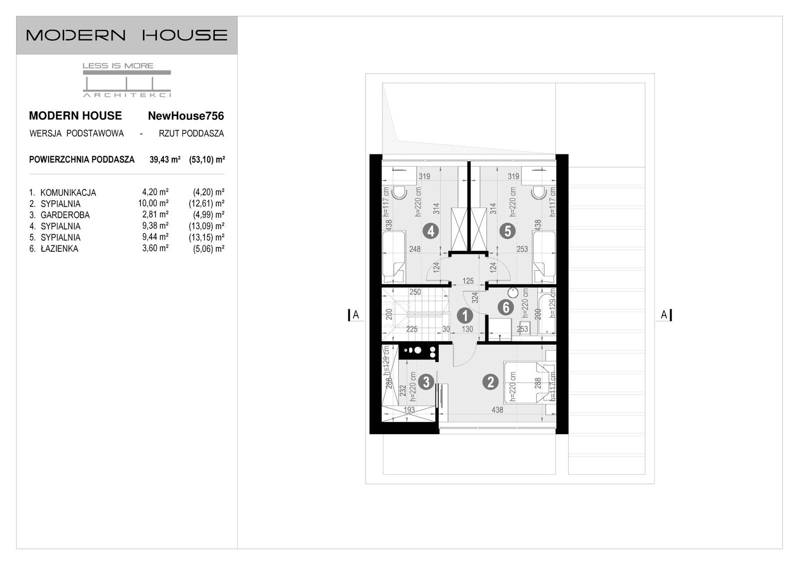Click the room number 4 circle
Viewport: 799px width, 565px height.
point(430,231)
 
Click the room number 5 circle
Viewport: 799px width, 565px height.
point(507,231)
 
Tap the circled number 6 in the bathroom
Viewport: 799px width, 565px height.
point(506,307)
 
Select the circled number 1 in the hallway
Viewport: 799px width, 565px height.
point(465,316)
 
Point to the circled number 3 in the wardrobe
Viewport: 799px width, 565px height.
point(425,382)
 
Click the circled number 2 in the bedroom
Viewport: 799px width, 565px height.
point(490,382)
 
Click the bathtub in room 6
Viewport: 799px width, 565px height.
point(547,314)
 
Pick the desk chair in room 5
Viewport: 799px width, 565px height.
point(538,193)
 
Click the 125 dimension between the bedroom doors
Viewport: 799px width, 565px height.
point(468,281)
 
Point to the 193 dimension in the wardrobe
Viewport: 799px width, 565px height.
point(409,410)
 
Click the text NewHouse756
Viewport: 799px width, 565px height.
point(186,116)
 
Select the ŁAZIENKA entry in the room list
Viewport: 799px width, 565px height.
point(59,249)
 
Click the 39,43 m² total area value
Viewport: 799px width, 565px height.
point(165,160)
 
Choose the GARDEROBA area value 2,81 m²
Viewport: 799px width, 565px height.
point(155,215)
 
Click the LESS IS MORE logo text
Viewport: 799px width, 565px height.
point(118,65)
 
